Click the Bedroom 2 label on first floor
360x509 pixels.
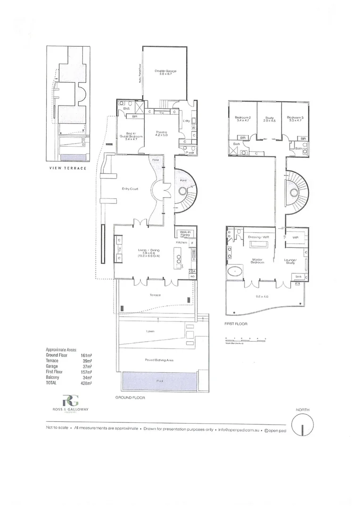click(243, 118)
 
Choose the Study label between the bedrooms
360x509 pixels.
click(270, 118)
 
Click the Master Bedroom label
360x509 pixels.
click(257, 261)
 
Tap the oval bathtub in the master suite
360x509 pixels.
click(234, 272)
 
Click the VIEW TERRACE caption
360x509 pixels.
click(68, 168)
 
